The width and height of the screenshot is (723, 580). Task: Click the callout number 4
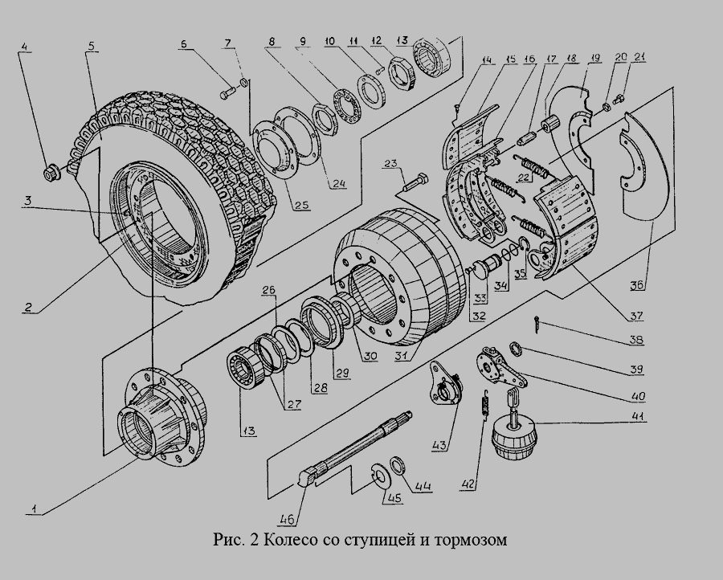(24, 47)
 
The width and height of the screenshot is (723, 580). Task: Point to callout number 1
(34, 507)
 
